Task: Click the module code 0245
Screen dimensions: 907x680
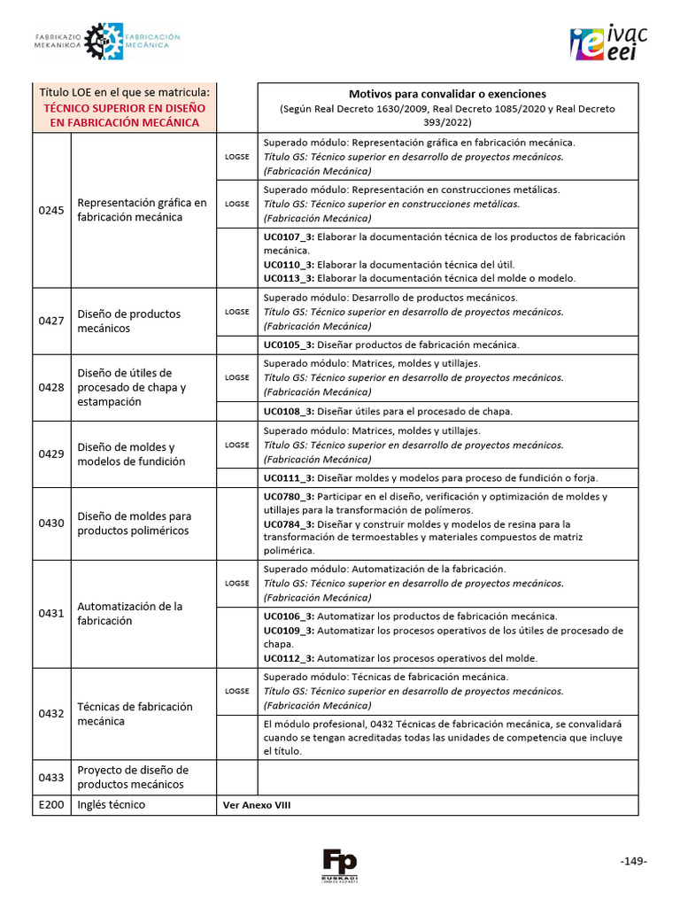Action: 51,210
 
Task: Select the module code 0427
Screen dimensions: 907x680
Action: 51,321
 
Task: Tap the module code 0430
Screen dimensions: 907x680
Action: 51,523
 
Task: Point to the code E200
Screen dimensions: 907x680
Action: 51,805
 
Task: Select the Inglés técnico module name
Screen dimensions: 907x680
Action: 112,805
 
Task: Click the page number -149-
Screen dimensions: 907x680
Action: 633,861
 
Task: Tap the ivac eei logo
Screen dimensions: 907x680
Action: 609,43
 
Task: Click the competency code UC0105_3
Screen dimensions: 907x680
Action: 289,345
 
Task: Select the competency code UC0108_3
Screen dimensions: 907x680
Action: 289,411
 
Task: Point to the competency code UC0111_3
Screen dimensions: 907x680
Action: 289,477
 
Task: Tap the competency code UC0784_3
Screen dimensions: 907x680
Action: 289,523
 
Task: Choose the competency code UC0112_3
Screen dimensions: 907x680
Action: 289,658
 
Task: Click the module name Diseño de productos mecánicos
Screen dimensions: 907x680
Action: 129,321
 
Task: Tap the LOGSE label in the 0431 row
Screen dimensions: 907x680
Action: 236,584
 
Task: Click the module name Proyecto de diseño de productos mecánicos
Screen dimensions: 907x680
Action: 133,777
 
